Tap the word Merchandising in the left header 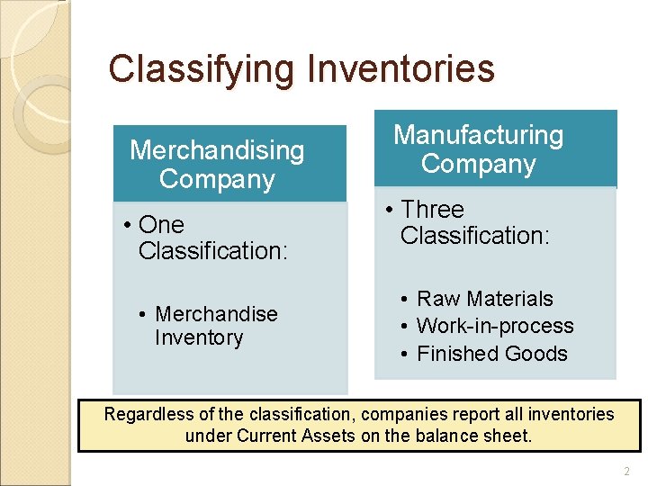coord(217,150)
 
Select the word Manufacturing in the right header coord(479,135)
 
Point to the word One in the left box coord(162,225)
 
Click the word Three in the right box coord(432,210)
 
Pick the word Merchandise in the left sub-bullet coord(216,314)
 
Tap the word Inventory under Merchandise coord(199,338)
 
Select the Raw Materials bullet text coord(485,299)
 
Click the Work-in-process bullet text coord(495,326)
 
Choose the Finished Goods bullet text coord(492,354)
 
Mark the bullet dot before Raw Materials coord(407,299)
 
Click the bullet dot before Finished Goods coord(407,354)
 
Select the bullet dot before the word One coord(129,225)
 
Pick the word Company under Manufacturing coord(479,165)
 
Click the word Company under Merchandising coord(217,179)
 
